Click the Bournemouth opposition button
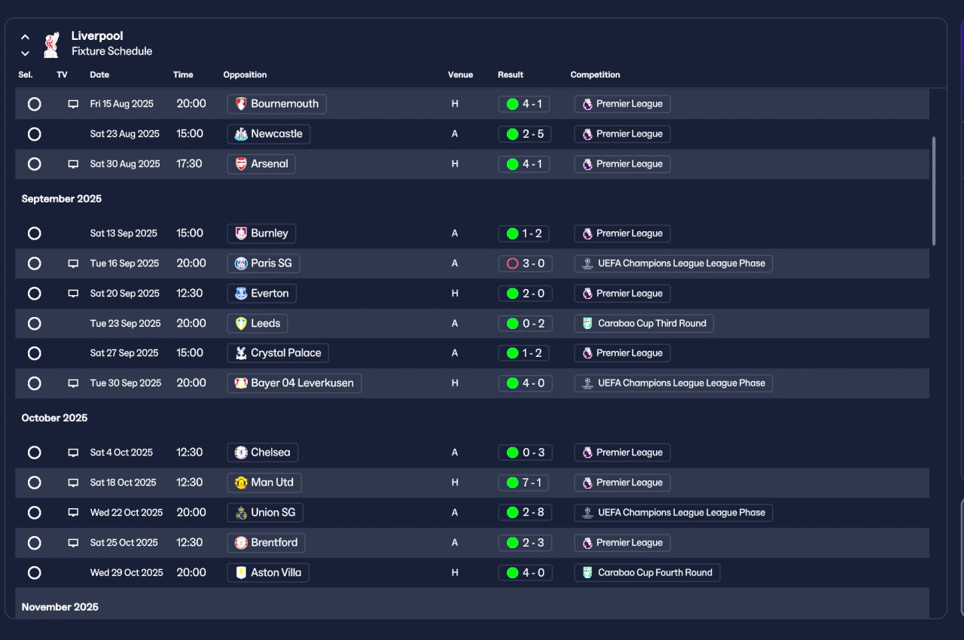(276, 104)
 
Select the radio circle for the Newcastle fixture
(35, 134)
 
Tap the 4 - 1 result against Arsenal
(523, 164)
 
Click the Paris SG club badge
(241, 264)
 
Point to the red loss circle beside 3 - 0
(512, 264)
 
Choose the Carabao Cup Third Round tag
(644, 324)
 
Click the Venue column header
(460, 75)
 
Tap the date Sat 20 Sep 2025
(125, 294)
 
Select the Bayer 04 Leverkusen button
(294, 383)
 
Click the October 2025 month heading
(54, 418)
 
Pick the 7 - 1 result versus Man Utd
(523, 483)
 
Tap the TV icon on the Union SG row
(73, 513)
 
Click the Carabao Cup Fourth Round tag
(647, 573)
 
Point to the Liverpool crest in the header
(52, 44)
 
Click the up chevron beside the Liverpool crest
(25, 37)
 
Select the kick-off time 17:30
(189, 164)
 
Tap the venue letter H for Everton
(455, 294)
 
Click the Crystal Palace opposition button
(278, 353)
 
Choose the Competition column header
(595, 75)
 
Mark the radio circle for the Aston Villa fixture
(35, 573)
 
